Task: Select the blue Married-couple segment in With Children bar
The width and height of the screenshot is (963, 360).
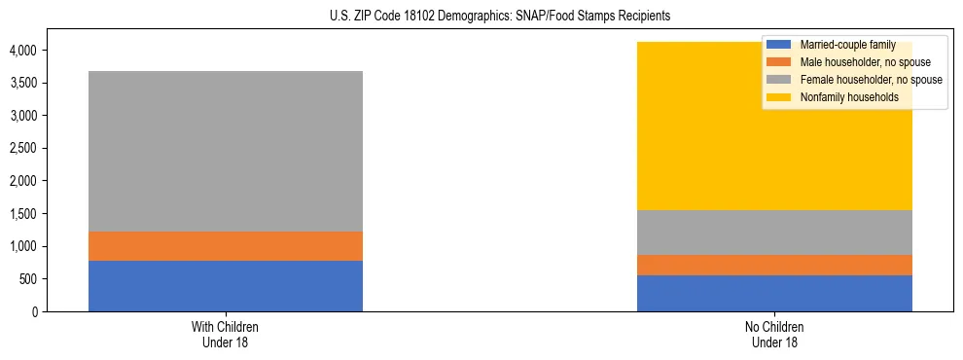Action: pyautogui.click(x=226, y=286)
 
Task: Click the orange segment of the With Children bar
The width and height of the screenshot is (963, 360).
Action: pyautogui.click(x=226, y=246)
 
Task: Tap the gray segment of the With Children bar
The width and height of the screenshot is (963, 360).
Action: pyautogui.click(x=226, y=151)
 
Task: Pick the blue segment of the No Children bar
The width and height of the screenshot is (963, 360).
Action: pyautogui.click(x=774, y=293)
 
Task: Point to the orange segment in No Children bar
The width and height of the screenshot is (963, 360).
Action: pyautogui.click(x=774, y=265)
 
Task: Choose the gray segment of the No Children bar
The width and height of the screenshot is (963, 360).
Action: pyautogui.click(x=774, y=233)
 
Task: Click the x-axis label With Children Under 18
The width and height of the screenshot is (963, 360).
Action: pyautogui.click(x=226, y=334)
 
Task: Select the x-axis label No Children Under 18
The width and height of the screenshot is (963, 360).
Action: pyautogui.click(x=774, y=334)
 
